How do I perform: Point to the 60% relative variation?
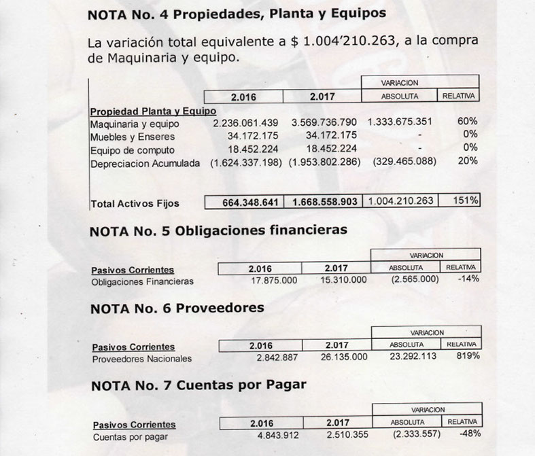coord(468,122)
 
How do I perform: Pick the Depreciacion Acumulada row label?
coord(145,163)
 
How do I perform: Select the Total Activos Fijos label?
coord(135,203)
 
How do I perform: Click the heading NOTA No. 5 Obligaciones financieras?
coord(218,230)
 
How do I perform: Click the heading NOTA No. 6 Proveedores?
coord(177,308)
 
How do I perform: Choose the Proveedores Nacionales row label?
coord(142,358)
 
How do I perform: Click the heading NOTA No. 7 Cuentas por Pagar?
coord(198,385)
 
